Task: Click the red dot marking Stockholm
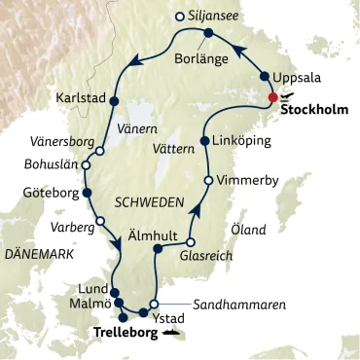(274, 96)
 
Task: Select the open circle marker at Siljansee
(178, 16)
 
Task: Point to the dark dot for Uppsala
(265, 76)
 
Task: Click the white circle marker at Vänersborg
(99, 151)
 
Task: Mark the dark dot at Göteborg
(87, 193)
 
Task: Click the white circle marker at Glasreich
(191, 242)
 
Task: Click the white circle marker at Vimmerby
(207, 181)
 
